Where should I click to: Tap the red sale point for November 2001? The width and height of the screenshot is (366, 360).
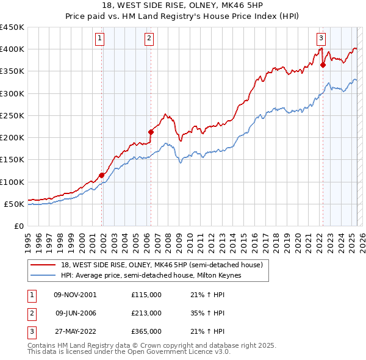pyautogui.click(x=102, y=175)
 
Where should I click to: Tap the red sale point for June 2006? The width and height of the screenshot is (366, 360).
pyautogui.click(x=151, y=131)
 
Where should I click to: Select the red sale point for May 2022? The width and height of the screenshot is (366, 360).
pyautogui.click(x=323, y=64)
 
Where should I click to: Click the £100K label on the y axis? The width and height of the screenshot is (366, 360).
pyautogui.click(x=12, y=182)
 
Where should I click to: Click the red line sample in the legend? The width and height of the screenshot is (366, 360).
pyautogui.click(x=44, y=265)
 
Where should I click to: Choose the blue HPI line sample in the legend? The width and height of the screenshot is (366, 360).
pyautogui.click(x=44, y=275)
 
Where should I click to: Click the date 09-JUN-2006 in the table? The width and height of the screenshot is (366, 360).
pyautogui.click(x=76, y=313)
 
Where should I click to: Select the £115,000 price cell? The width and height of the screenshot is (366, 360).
pyautogui.click(x=146, y=295)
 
